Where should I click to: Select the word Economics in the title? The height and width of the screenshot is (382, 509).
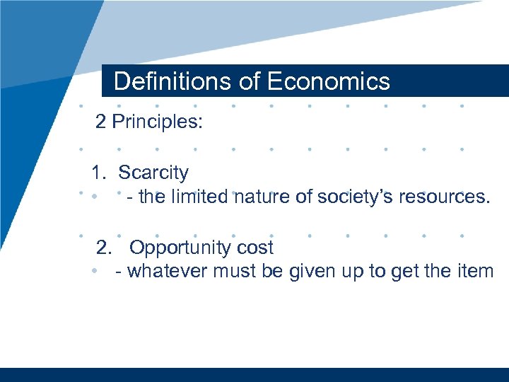coord(328,81)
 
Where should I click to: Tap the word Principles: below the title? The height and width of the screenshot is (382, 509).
coord(158,122)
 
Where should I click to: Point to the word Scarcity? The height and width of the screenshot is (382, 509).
coord(153,173)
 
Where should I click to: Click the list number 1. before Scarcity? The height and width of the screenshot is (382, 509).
coord(98,173)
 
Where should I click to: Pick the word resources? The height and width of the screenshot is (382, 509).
coord(442,196)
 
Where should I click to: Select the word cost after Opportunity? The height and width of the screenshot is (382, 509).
coord(256,248)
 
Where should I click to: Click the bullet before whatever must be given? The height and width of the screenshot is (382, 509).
coord(93,272)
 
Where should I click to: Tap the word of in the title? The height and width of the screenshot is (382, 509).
coord(250,81)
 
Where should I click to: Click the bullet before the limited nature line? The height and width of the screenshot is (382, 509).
coord(93,197)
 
